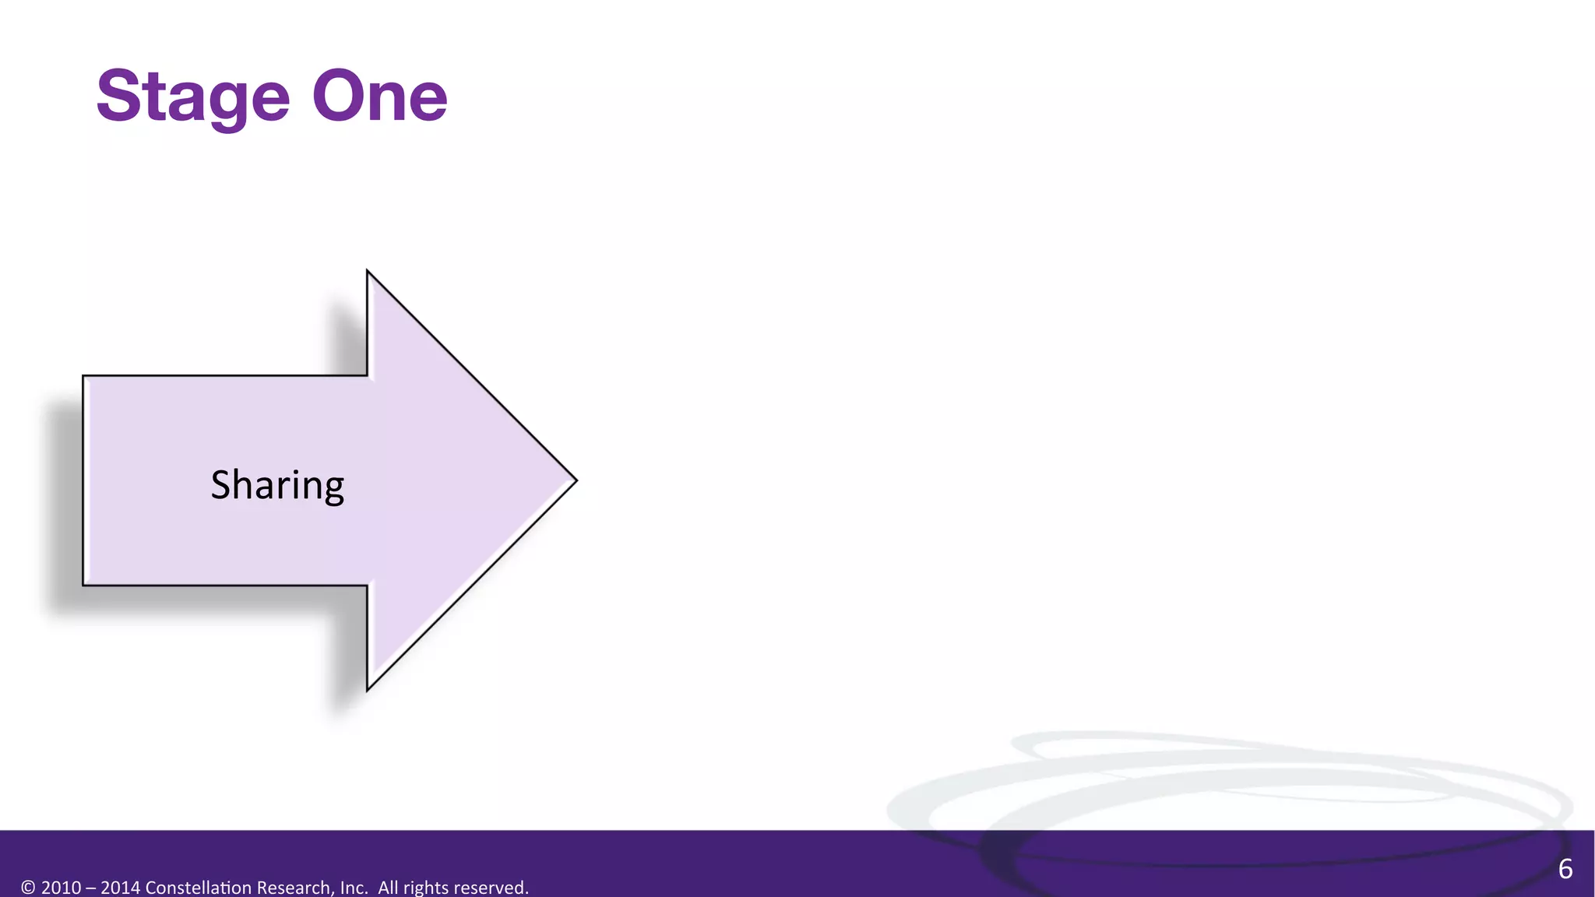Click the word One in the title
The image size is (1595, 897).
379,97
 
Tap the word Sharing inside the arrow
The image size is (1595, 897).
277,485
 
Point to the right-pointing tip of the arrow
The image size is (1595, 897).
575,480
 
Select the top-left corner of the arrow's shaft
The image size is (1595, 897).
84,377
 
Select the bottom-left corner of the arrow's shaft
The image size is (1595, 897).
84,584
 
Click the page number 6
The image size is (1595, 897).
1565,869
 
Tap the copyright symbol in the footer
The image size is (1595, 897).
28,888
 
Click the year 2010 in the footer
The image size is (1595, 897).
61,888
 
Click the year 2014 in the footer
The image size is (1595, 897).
121,888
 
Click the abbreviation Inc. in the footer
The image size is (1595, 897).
354,888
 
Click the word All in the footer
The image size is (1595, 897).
388,888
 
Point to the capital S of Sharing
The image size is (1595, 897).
220,484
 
